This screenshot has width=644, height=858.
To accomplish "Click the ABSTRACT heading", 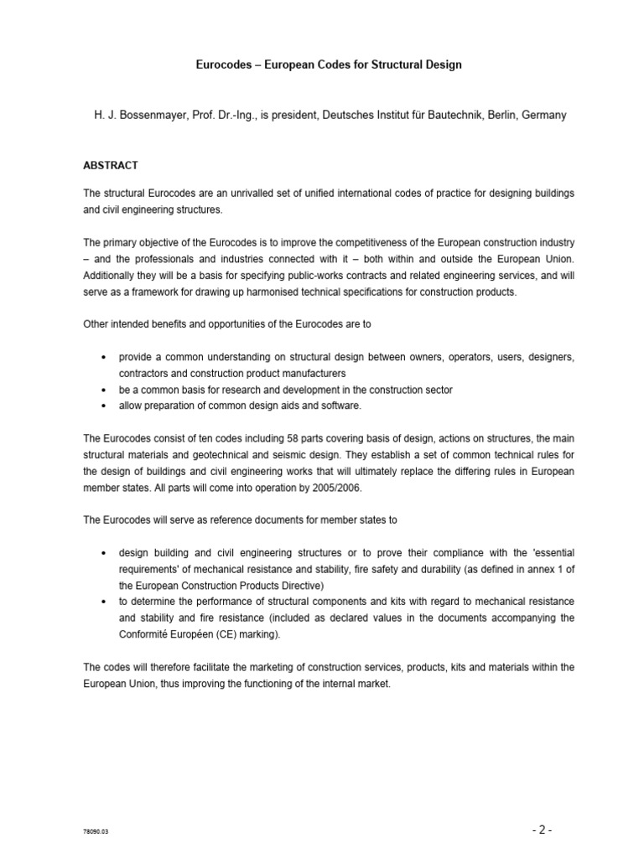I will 111,165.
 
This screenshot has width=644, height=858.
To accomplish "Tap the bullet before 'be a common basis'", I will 102,390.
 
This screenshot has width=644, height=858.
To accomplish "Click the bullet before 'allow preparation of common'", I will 102,406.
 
